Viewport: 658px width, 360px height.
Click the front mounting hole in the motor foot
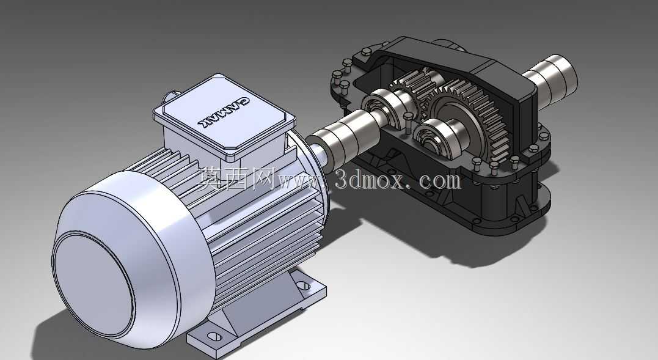pyautogui.click(x=214, y=336)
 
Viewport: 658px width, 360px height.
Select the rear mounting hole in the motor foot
pyautogui.click(x=303, y=285)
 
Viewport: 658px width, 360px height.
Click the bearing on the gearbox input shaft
pyautogui.click(x=384, y=108)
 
